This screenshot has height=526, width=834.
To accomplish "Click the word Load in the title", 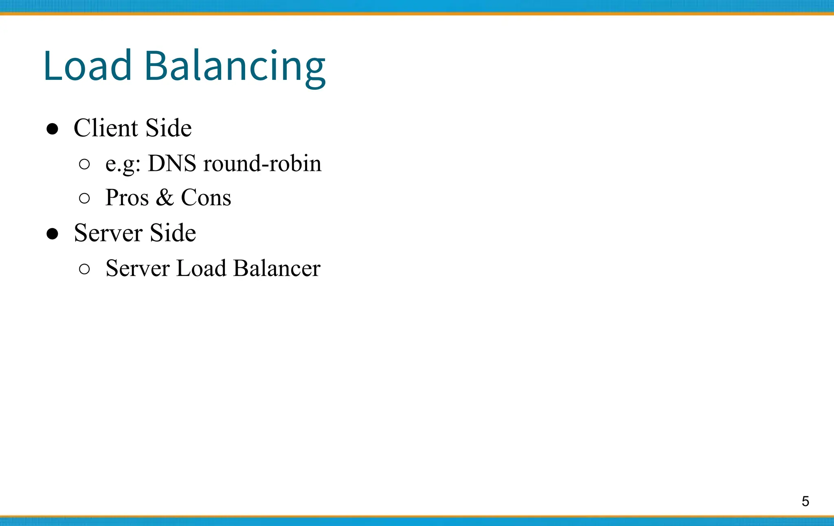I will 88,65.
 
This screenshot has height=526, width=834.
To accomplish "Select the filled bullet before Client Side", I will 52,129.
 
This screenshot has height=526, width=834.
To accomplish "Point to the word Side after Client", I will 169,128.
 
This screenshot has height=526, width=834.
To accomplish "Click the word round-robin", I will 262,164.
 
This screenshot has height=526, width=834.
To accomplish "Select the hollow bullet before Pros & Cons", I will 84,199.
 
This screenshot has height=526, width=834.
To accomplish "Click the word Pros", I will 127,198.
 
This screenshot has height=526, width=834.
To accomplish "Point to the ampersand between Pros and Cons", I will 165,198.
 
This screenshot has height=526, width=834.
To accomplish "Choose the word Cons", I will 206,198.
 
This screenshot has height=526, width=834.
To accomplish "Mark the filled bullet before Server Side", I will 52,234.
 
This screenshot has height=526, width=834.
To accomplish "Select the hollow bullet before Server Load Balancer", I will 84,269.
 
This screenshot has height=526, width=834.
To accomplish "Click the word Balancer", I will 277,268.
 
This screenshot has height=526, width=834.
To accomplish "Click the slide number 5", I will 805,501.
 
